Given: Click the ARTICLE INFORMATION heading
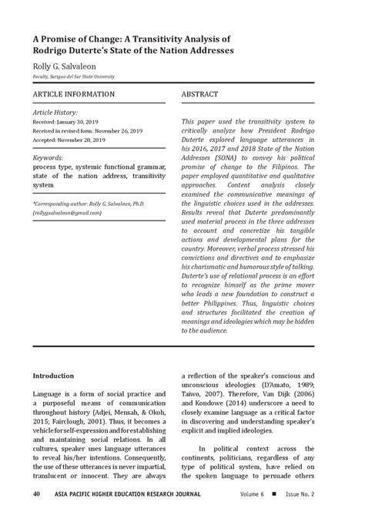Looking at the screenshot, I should click(74, 94).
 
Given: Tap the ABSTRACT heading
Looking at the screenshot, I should click(200, 94).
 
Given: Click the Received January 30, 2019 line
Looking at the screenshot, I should click(65, 122).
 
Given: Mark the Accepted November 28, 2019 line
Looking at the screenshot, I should click(68, 140).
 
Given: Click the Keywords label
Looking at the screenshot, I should click(48, 157).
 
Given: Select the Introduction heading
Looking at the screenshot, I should click(53, 376).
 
